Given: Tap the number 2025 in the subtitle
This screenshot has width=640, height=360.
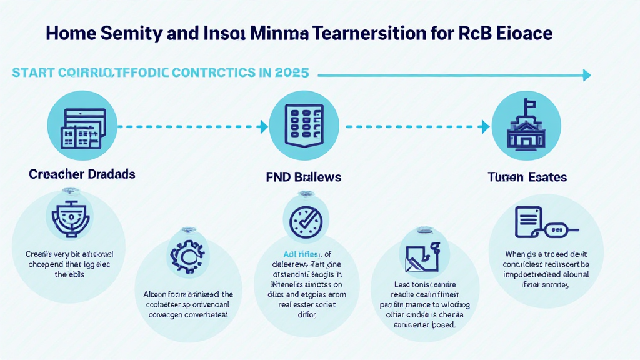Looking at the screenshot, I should point(292,72).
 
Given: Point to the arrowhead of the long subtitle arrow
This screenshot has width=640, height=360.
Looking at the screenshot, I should point(586,76).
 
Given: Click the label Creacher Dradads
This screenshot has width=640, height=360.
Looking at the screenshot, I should point(82,174).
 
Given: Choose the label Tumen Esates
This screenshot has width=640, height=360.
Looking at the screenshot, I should point(527,177).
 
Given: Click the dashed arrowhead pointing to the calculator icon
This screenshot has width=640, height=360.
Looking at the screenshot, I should point(264,127).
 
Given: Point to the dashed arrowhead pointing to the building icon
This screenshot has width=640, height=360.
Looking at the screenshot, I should point(487,127).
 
